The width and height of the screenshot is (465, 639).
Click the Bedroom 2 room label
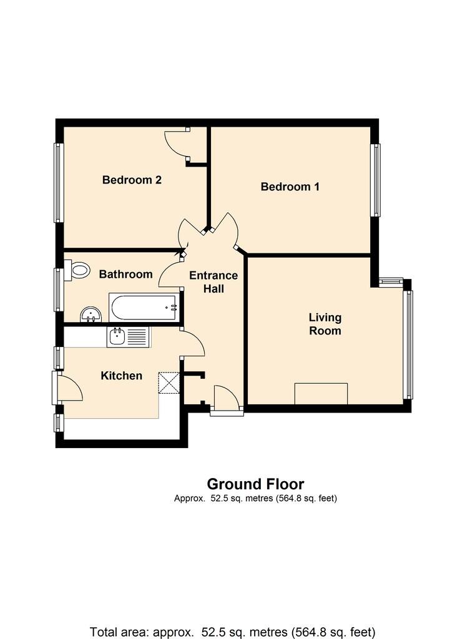pos(132,180)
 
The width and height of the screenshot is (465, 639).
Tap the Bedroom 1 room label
pos(290,187)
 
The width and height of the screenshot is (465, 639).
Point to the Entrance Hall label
pos(213,282)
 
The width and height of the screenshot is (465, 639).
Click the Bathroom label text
pos(125,274)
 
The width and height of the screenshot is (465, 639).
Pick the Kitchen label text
pos(122,376)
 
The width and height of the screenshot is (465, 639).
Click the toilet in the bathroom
pos(79,271)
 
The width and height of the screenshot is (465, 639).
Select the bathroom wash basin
pos(91,313)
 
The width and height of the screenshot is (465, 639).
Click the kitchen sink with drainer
pos(127,338)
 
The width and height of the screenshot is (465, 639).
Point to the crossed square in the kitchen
pos(169,383)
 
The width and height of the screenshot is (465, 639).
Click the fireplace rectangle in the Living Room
pos(321,394)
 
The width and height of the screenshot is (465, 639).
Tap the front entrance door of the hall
pos(226,399)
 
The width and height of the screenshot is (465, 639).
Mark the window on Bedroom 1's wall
pos(376,180)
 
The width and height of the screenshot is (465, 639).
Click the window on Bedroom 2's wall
pos(59,183)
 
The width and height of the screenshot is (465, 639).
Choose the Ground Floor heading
pos(255,484)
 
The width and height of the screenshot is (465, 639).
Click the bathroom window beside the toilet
pos(59,290)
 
